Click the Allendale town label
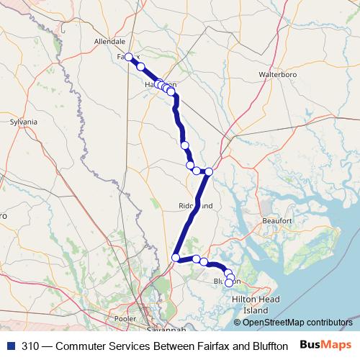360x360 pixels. point(111,42)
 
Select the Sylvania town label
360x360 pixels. point(23,122)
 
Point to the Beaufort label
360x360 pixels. point(276,220)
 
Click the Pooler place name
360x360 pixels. point(125,317)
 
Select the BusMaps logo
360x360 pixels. point(330,344)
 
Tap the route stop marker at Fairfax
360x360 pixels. point(129,57)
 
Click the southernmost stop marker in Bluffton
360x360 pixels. point(229,283)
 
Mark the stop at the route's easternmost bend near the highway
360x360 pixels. point(209,171)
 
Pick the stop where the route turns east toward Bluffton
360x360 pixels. point(176,257)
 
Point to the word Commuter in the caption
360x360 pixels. point(84,345)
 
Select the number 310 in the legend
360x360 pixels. point(30,345)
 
